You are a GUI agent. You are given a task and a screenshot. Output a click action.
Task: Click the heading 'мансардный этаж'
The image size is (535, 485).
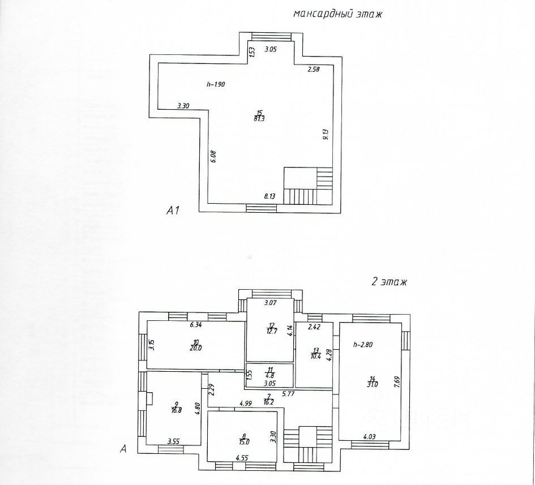337,14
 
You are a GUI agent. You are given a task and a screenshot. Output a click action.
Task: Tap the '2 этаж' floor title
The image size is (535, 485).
388,281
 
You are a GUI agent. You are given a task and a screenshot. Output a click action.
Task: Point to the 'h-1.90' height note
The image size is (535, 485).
216,84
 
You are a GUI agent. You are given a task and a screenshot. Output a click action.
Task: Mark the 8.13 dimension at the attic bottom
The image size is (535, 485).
271,196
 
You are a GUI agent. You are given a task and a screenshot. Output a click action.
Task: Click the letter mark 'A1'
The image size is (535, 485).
173,212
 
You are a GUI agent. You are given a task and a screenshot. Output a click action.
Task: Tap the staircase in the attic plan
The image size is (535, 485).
309,186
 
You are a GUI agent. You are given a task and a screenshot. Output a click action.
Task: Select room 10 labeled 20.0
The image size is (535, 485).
196,345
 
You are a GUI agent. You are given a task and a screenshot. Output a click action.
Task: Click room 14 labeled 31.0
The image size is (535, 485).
373,382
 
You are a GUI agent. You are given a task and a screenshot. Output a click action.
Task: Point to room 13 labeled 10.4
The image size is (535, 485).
315,353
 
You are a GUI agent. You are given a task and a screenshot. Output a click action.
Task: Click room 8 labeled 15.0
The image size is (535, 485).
243,439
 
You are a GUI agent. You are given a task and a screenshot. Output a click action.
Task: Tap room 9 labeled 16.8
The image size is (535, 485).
176,407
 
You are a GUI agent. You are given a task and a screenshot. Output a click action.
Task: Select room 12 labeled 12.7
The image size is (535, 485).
272,328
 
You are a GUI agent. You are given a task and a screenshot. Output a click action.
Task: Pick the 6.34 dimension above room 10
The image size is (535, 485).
196,324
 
